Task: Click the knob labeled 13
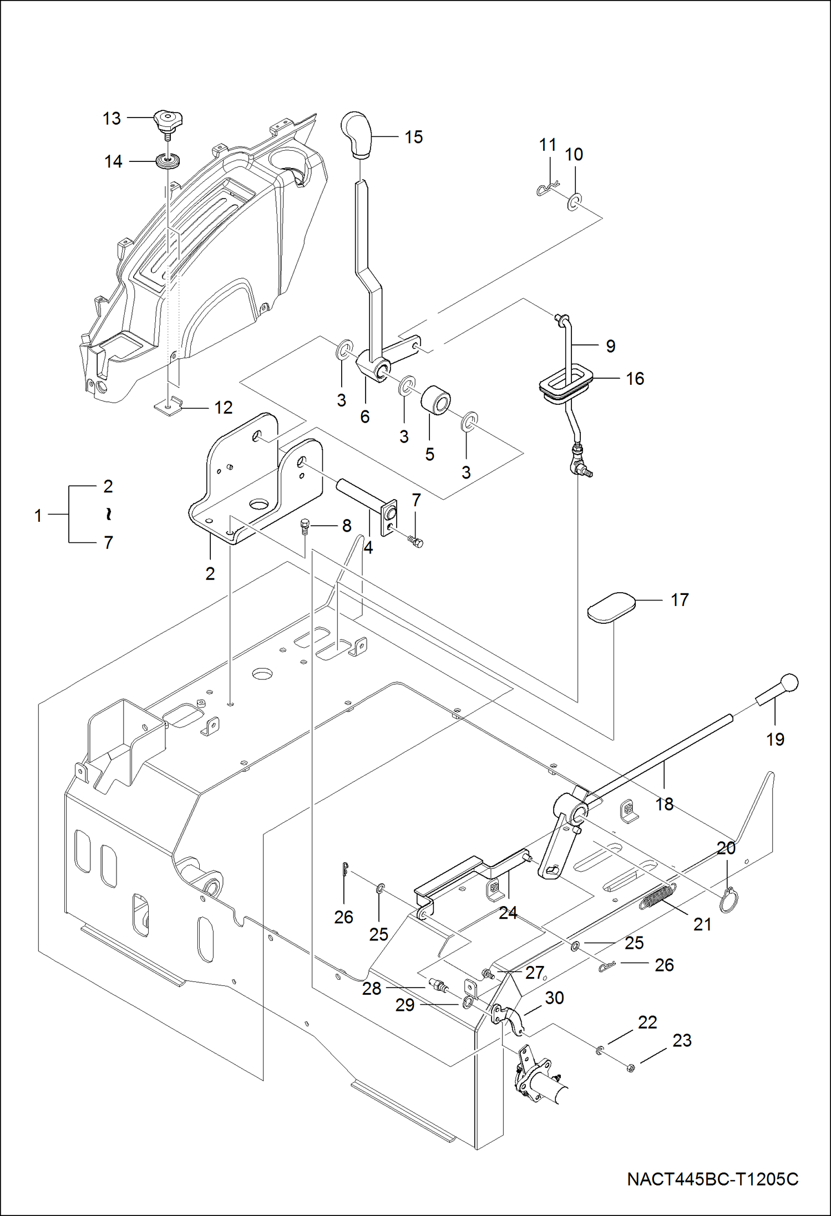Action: tap(168, 119)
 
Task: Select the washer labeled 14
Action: tap(168, 161)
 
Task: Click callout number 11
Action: tap(548, 145)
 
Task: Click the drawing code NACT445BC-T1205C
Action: tap(712, 1179)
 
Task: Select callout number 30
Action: tap(554, 998)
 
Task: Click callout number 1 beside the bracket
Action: tap(38, 516)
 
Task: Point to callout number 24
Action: tap(508, 913)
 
